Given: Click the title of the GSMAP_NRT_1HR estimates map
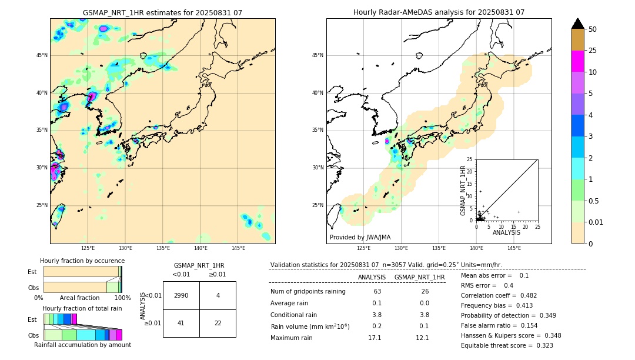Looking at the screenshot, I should pos(162,12).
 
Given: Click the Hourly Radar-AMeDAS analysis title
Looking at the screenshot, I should pos(439,12).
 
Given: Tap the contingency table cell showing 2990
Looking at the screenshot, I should pos(181,295).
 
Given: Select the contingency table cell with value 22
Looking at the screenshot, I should pos(218,323).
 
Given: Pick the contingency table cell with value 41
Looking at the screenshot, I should pos(181,323).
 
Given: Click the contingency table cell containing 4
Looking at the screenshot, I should pos(218,295).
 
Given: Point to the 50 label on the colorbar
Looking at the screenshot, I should pos(593,29).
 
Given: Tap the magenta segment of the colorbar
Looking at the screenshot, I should pos(577,61).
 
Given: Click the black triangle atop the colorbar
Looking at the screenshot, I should pos(577,24).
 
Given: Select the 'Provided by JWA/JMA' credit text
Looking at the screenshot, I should pos(360,237).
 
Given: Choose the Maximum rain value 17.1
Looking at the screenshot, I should pos(375,338).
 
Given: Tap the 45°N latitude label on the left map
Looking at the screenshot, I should pos(42,55).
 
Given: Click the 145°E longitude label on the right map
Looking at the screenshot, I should pos(514,248).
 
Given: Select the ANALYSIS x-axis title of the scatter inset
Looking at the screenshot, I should pos(506,232).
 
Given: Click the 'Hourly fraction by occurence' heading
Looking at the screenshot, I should pos(82,261).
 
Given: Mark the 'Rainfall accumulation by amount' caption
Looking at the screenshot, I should pos(82,345).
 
